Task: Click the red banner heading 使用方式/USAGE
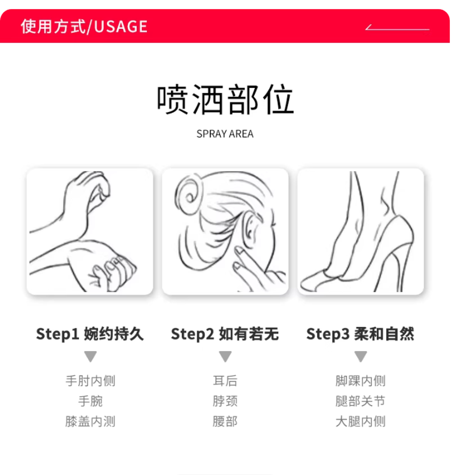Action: click(x=84, y=26)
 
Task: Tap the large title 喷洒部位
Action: click(x=225, y=99)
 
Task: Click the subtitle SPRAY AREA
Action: click(x=225, y=134)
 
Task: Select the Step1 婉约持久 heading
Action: click(x=90, y=334)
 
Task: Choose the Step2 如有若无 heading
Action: click(x=225, y=334)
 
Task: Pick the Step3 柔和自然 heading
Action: click(x=360, y=334)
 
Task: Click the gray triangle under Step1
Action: click(x=90, y=356)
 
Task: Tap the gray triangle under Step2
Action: click(x=225, y=356)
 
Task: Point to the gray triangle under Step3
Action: click(x=361, y=356)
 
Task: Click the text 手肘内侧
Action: click(x=90, y=381)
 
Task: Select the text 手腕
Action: click(x=90, y=401)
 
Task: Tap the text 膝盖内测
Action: click(x=90, y=421)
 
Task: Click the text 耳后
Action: click(x=225, y=381)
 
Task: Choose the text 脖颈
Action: click(x=225, y=401)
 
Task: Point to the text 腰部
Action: click(x=225, y=421)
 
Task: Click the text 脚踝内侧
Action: click(x=361, y=381)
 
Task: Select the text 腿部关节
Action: click(x=361, y=401)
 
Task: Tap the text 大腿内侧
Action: click(x=361, y=421)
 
